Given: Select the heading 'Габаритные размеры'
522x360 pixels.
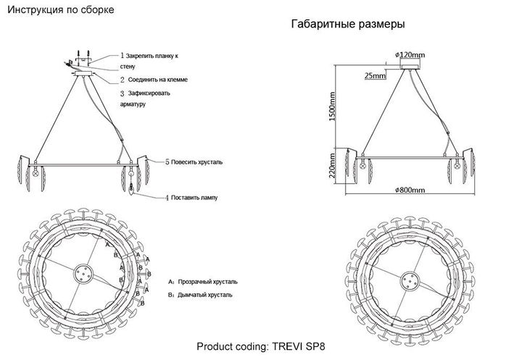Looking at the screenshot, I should [347, 24].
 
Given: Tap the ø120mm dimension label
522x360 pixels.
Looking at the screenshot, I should [411, 54].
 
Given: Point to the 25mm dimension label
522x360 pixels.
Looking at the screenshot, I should [375, 75].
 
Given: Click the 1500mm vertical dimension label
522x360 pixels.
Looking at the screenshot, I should [332, 109].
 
